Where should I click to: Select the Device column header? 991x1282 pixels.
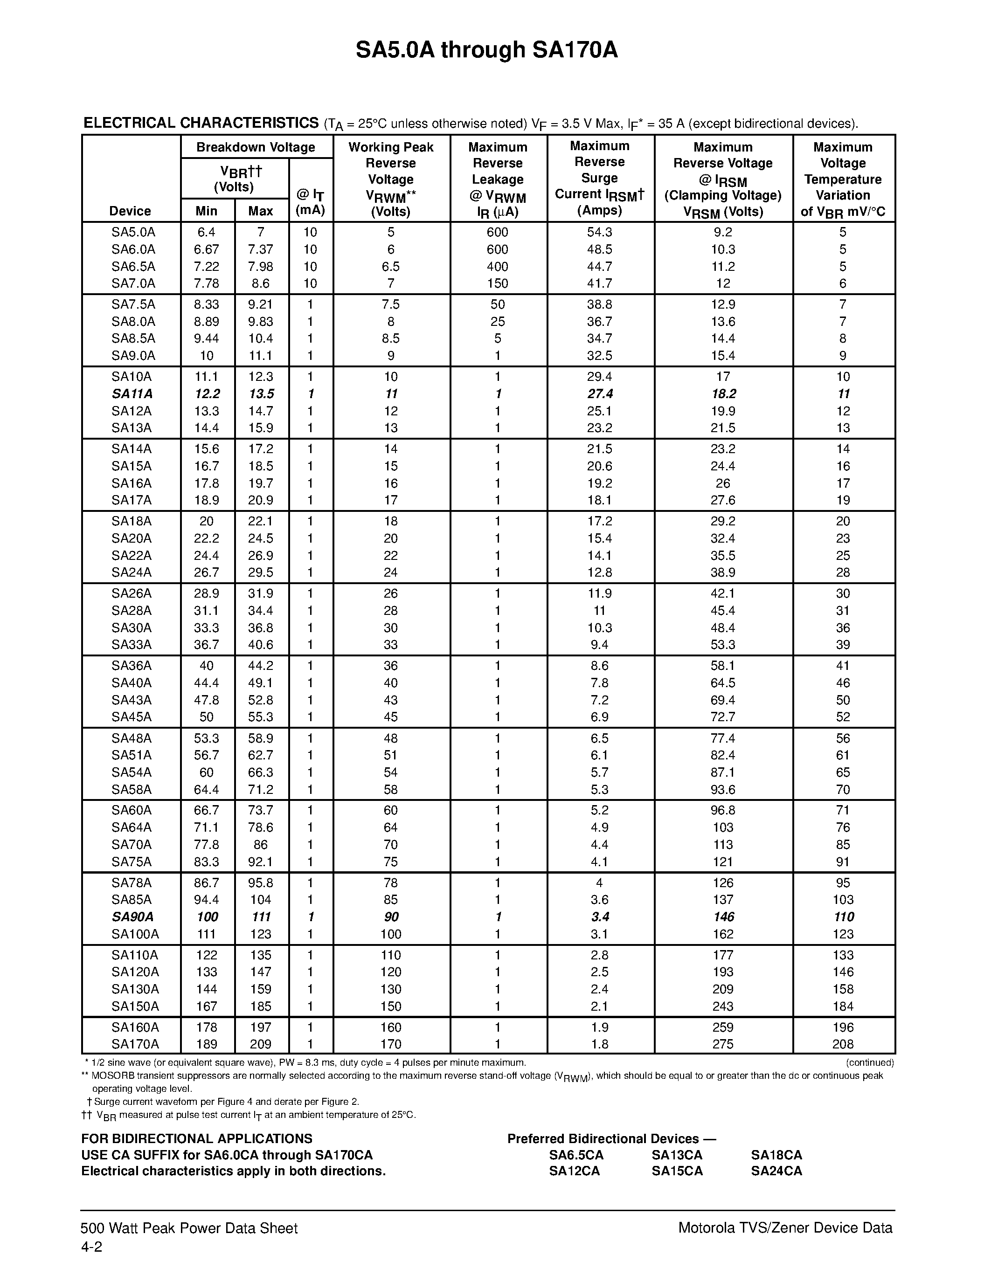[x=130, y=211]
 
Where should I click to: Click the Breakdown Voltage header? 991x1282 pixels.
[x=256, y=147]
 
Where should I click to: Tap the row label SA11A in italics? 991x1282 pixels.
[x=132, y=394]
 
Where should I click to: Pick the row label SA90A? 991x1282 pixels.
[x=132, y=917]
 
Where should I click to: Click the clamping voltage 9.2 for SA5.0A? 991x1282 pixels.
[x=723, y=232]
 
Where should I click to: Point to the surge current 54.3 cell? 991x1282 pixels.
[x=599, y=232]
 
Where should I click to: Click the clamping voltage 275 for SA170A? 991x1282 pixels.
[x=723, y=1044]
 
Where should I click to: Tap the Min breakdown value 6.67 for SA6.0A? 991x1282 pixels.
[x=206, y=249]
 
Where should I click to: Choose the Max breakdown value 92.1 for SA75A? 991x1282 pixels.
[x=260, y=862]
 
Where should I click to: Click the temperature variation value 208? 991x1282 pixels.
[x=843, y=1044]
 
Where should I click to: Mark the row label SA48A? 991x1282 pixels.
[x=132, y=738]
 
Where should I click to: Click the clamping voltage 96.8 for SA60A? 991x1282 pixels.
[x=723, y=810]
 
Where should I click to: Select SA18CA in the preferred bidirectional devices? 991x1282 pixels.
[x=776, y=1155]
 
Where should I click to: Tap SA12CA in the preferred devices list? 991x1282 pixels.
[x=574, y=1171]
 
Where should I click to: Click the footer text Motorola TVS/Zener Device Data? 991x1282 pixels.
[x=785, y=1228]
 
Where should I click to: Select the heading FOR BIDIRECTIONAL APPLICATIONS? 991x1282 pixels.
[x=197, y=1139]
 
